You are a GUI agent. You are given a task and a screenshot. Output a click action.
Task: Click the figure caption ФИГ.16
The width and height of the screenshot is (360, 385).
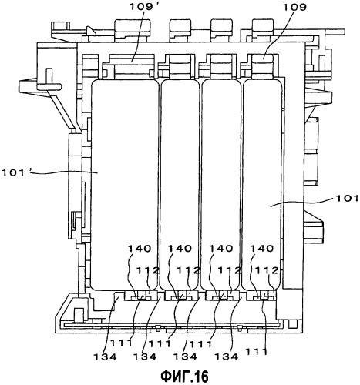184,377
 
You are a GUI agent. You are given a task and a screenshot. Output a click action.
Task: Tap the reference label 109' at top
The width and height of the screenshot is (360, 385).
145,7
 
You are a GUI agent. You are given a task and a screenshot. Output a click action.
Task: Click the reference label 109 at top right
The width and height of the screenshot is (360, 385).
294,7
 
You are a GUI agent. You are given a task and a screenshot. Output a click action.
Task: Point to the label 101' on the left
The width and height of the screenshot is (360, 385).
17,172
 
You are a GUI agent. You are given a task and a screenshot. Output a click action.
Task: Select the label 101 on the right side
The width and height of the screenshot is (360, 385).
346,198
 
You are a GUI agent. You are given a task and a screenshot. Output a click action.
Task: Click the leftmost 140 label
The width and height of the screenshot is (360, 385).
140,249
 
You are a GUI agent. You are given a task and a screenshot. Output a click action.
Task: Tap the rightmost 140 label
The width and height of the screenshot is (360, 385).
262,249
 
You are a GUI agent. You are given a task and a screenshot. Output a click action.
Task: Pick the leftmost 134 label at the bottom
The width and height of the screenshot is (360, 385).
105,357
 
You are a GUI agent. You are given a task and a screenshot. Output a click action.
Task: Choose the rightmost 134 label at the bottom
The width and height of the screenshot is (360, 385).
227,357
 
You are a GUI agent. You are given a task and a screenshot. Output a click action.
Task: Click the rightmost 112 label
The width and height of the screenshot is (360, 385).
267,270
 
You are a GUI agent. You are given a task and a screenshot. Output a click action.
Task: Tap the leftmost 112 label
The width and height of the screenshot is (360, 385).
147,270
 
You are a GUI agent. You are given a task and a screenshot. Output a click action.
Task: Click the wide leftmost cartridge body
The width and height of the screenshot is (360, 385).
124,185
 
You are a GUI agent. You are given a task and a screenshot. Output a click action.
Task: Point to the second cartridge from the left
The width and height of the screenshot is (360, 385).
180,184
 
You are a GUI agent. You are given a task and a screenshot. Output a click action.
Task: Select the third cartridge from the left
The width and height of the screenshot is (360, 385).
221,184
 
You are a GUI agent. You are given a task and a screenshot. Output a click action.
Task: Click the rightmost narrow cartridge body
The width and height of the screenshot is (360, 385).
262,184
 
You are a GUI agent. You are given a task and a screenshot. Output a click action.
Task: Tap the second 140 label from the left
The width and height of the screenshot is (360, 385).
180,249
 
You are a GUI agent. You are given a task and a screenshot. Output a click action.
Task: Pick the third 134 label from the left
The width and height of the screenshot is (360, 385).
185,357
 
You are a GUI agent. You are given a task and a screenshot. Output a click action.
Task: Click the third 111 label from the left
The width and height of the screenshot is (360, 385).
200,343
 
